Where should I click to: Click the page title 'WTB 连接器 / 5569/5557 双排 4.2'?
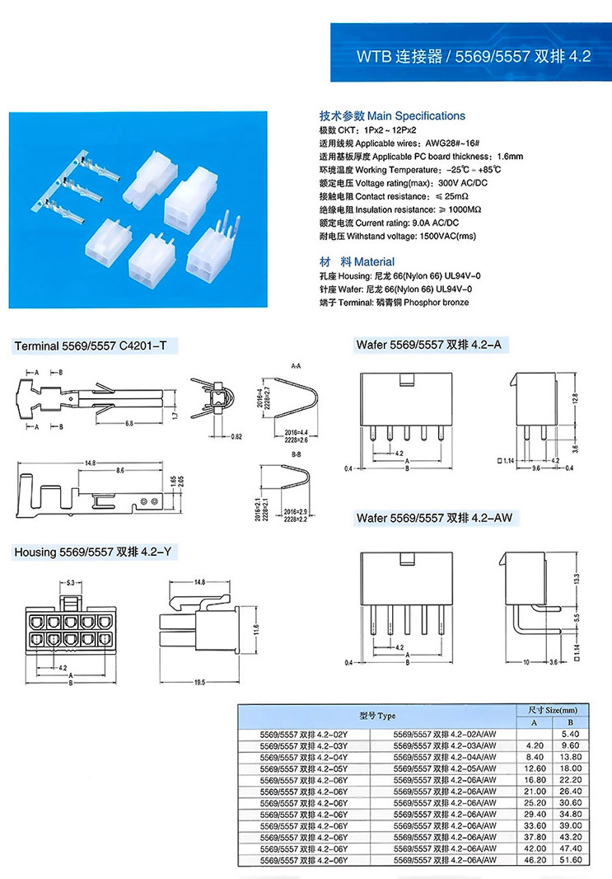[473, 58]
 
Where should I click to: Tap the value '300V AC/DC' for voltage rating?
[464, 183]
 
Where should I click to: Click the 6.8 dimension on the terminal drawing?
[130, 423]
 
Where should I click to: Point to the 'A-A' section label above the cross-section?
[296, 364]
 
